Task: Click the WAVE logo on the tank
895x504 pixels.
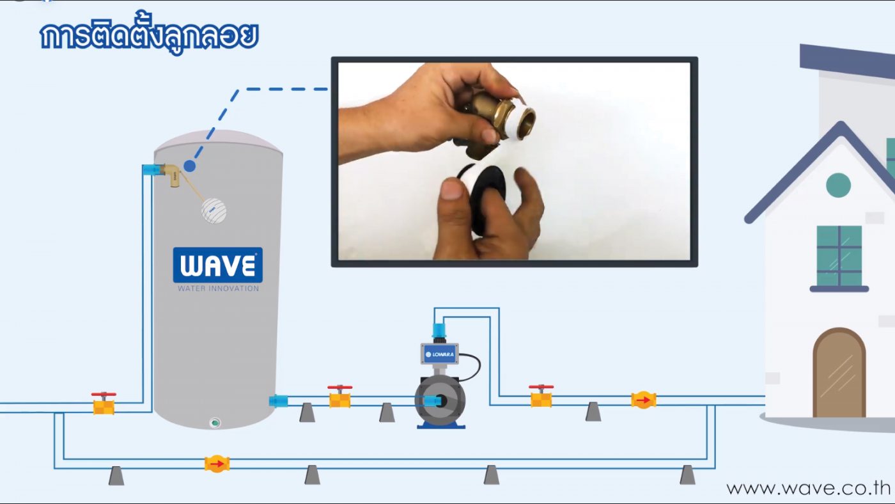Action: coord(218,265)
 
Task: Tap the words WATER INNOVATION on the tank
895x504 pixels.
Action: coord(218,288)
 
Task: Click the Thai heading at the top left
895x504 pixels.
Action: coord(150,35)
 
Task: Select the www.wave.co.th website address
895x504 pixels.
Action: coord(808,489)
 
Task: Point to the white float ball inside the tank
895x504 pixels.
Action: coord(214,210)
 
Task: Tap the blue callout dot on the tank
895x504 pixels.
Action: coord(189,166)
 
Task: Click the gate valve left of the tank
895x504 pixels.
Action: coord(104,404)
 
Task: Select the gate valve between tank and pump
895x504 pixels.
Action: coord(340,397)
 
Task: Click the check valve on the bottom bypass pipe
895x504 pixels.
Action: coord(217,464)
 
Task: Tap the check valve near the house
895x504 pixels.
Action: coord(643,400)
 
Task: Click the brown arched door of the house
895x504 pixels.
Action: coord(839,373)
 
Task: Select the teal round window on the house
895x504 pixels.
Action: coord(838,185)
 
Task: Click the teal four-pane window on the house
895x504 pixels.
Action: coord(839,256)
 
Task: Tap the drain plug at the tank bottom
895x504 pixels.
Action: coord(215,423)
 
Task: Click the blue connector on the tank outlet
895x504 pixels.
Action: coord(278,400)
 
